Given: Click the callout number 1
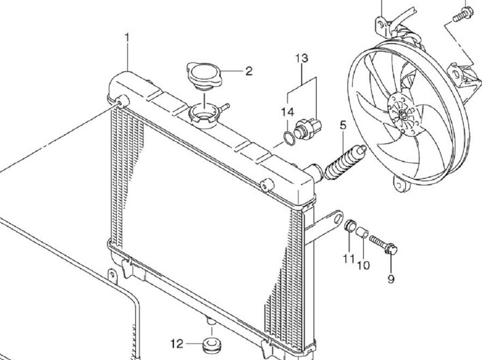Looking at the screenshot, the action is pos(127,38).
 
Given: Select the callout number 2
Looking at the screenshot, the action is pos(249,71).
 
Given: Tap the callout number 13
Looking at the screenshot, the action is pos(302,58).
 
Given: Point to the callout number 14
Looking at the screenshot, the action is pos(288,112).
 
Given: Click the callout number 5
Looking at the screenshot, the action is pos(343,126).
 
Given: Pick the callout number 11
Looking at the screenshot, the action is pos(349,259).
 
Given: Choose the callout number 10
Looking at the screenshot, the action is pos(363,265).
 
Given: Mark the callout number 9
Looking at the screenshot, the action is pos(391,279).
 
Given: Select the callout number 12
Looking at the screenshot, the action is pos(177,344).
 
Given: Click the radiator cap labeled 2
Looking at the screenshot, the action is pos(204,76).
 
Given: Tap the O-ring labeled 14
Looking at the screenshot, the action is pos(289,138).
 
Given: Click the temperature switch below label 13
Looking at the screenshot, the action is pos(307,128).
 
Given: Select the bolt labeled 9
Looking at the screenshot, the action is pos(383,244).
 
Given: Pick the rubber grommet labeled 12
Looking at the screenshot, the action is pos(213,344).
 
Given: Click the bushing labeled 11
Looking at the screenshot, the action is pos(350,225).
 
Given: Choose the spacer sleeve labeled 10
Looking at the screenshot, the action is pos(362,232).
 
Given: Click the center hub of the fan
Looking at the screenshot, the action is pos(402,115).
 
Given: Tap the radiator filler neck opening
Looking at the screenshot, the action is pos(203,115).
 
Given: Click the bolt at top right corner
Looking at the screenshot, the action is pos(464,14).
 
